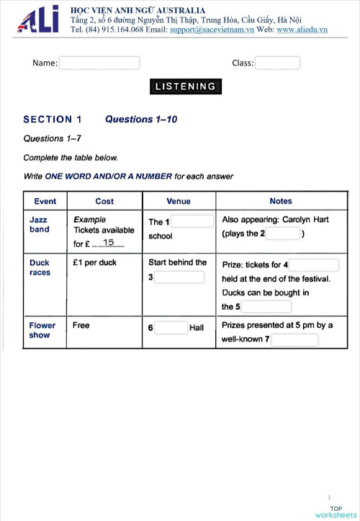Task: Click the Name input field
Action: tap(99, 63)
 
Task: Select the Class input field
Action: tap(277, 63)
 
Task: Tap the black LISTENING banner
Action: tap(186, 86)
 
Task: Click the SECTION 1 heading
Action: tap(53, 120)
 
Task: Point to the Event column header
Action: tap(45, 201)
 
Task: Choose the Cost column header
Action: tap(104, 201)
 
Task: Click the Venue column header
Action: tap(179, 201)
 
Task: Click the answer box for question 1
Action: tap(192, 221)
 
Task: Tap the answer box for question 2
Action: tap(283, 233)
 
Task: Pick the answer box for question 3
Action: tap(180, 277)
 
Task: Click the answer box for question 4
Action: tap(314, 265)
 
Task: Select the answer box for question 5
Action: tap(266, 306)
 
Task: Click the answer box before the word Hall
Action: tap(171, 328)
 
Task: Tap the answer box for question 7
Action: tap(295, 339)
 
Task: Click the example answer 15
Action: tap(109, 243)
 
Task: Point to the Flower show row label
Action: tap(42, 330)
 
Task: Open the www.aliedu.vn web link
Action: tap(302, 30)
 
